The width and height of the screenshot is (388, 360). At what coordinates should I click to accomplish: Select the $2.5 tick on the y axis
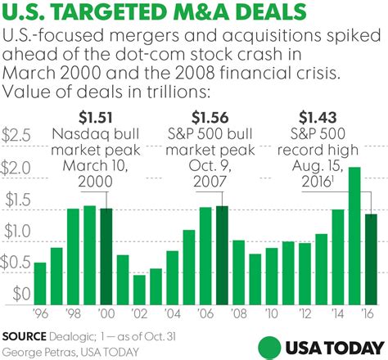[x=17, y=134]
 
